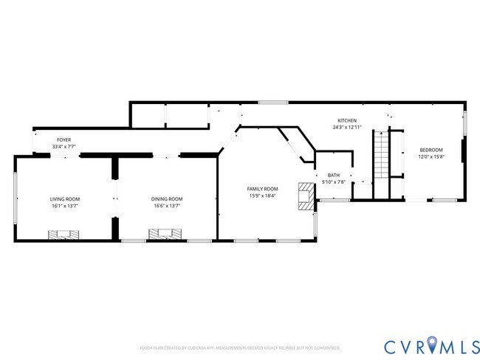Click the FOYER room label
click(65, 139)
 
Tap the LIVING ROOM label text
click(65, 199)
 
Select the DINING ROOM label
click(167, 199)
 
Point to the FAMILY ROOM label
click(262, 189)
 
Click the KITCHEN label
click(347, 120)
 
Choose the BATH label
click(334, 176)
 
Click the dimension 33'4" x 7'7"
click(65, 146)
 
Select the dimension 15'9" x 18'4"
click(262, 195)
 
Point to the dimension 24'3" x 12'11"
click(347, 127)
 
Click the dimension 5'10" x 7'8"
click(334, 182)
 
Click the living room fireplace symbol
click(64, 235)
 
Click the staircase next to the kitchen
click(381, 163)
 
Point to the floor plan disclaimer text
click(239, 347)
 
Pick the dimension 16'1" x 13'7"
click(65, 206)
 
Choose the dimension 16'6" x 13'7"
click(167, 206)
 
